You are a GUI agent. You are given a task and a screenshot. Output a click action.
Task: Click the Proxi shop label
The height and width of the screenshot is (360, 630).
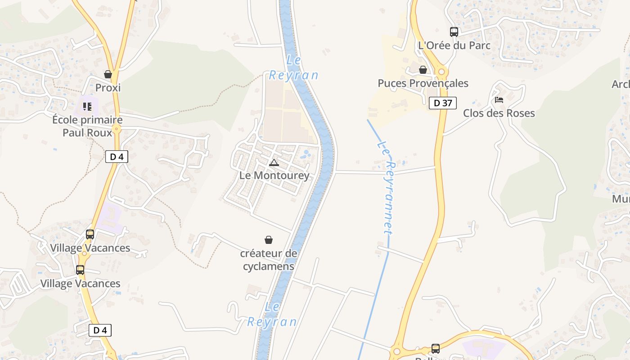(x=108, y=88)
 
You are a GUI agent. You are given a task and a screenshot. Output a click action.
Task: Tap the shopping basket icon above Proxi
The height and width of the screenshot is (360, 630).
(x=108, y=74)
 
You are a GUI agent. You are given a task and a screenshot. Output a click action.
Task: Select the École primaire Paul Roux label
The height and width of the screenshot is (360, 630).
(x=87, y=126)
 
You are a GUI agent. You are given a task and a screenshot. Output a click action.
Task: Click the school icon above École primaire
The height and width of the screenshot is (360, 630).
(x=87, y=107)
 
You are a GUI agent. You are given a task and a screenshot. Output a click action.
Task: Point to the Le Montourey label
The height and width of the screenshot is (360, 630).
(x=274, y=175)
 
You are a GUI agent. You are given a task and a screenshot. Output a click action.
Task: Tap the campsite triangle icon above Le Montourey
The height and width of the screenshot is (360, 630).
(x=274, y=162)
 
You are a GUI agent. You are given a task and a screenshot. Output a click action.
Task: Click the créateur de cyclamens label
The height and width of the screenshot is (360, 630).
(x=269, y=260)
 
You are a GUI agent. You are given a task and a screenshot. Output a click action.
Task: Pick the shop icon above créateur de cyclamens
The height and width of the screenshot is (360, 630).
(x=269, y=240)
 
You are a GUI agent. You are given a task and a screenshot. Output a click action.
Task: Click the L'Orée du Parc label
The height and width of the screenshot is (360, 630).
(x=454, y=45)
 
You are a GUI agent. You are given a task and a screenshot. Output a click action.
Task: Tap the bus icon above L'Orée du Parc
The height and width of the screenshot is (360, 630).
(x=454, y=32)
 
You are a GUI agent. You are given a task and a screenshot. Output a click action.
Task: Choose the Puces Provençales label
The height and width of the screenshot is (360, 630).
(x=423, y=83)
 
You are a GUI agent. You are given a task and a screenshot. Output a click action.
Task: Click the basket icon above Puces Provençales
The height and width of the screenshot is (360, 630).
(x=423, y=70)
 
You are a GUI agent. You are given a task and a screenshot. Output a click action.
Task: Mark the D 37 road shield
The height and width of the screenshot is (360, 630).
(x=442, y=103)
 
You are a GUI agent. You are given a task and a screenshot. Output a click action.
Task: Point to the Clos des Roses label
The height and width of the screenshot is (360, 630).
(x=499, y=113)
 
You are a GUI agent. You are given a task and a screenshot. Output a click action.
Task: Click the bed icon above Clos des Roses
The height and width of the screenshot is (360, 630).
(x=499, y=99)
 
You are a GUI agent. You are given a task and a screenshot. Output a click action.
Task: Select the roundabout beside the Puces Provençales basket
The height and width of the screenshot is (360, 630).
(x=441, y=72)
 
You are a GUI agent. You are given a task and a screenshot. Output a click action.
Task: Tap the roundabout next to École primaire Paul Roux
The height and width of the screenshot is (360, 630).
(x=117, y=129)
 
